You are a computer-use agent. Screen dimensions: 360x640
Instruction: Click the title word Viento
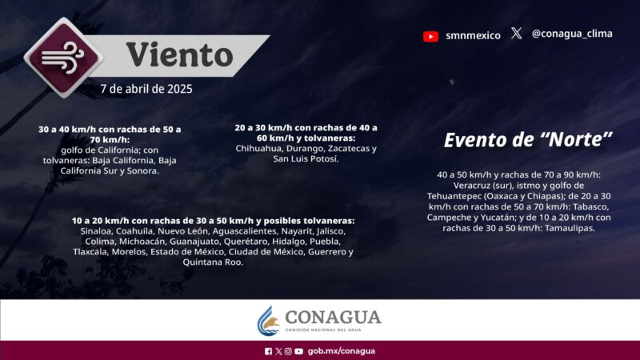click(x=179, y=55)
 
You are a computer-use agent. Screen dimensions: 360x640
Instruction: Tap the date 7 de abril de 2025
click(x=146, y=88)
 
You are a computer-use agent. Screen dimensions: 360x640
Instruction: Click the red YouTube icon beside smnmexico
click(x=430, y=35)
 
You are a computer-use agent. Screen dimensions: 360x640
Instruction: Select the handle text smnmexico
click(x=473, y=35)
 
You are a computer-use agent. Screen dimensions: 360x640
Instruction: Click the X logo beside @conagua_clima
click(x=517, y=34)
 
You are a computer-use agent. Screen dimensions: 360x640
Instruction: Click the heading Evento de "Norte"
click(x=528, y=139)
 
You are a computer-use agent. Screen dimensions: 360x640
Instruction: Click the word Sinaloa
click(x=89, y=231)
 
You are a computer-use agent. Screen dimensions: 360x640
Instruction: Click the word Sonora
click(x=142, y=170)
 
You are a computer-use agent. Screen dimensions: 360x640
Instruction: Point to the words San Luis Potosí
click(x=306, y=159)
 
